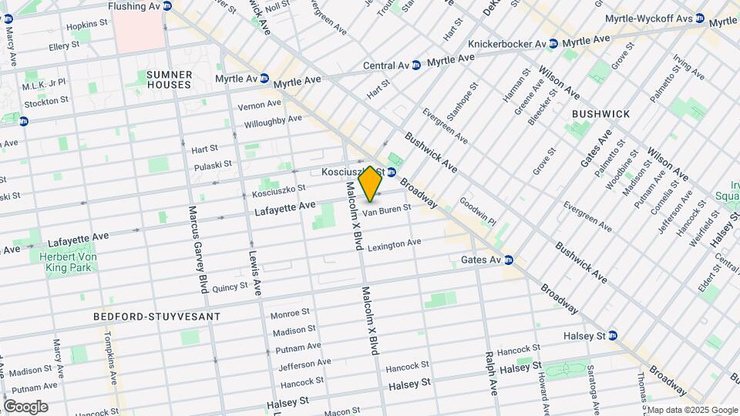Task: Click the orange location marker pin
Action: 370,184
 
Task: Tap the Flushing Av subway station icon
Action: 167,6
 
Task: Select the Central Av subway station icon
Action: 416,65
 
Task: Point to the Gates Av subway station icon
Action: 509,260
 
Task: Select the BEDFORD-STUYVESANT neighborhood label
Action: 156,317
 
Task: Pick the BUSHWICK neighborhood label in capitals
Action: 600,114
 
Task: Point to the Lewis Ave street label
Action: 254,273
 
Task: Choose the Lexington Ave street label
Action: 394,245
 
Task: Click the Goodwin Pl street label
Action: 478,210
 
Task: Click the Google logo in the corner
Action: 25,406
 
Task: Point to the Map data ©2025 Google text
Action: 691,410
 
